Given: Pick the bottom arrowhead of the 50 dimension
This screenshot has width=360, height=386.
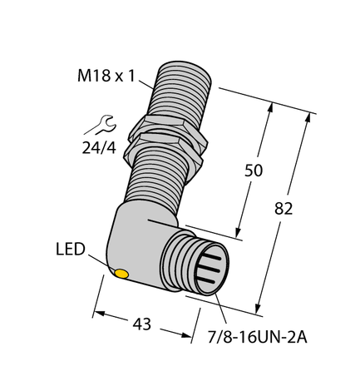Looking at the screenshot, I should pyautogui.click(x=239, y=235).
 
